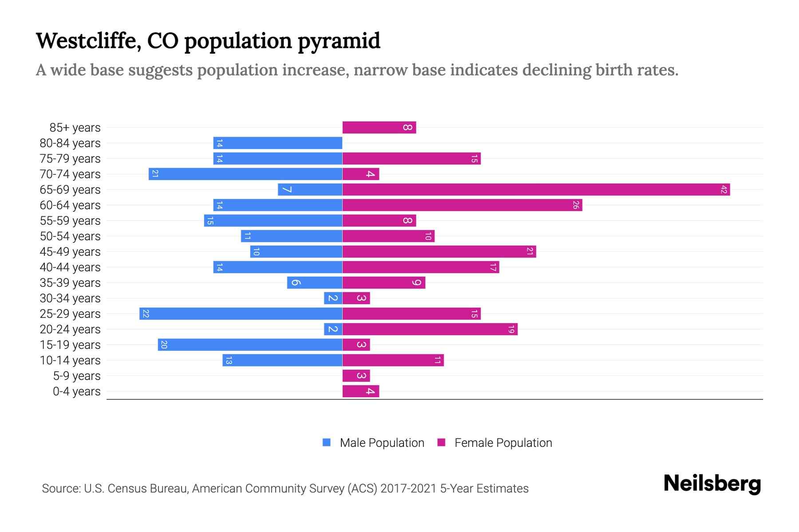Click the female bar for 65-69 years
[x=536, y=190]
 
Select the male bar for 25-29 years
[x=241, y=314]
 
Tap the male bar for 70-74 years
[x=245, y=174]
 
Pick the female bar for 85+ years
[x=379, y=128]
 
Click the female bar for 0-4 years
[x=360, y=391]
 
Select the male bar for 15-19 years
[x=250, y=345]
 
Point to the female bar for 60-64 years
[x=462, y=205]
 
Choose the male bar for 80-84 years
[x=277, y=143]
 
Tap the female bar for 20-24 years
[x=430, y=329]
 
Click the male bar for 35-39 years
[x=314, y=283]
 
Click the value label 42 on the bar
[x=724, y=190]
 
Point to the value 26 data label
[x=576, y=205]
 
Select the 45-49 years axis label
[x=70, y=252]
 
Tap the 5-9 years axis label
[x=76, y=376]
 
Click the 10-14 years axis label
[x=70, y=360]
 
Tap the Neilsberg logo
[x=712, y=483]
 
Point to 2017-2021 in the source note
[x=408, y=489]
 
